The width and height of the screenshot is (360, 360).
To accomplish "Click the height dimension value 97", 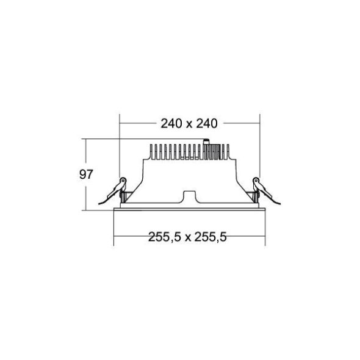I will [86, 175].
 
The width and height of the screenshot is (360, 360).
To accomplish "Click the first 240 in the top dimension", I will [172, 124].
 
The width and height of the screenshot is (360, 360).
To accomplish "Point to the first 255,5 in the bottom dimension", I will [162, 237].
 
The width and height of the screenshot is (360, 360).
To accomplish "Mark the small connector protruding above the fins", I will [206, 143].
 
